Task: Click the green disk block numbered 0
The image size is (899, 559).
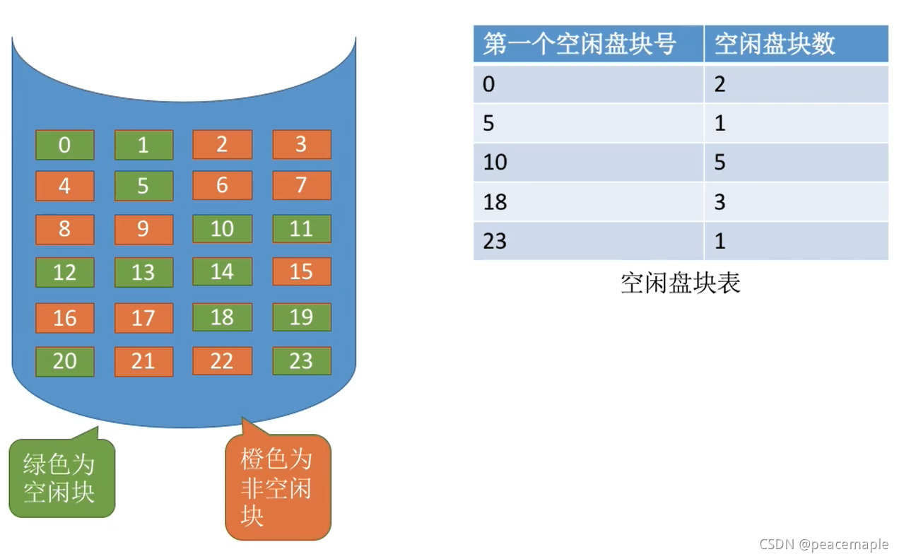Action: [64, 145]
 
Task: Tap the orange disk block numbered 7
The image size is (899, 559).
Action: [302, 185]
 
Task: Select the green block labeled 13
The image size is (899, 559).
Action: [143, 272]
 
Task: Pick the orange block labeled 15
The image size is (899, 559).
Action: [302, 271]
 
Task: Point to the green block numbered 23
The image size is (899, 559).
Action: [302, 360]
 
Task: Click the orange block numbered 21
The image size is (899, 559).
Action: [143, 361]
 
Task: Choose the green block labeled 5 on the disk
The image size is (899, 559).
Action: [143, 186]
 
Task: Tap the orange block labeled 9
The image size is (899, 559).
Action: [143, 230]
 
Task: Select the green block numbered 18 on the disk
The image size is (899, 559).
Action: [222, 317]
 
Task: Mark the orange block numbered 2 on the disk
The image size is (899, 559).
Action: [222, 144]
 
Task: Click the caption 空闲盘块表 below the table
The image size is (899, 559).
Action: [680, 283]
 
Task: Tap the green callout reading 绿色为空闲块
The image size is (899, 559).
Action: [61, 478]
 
